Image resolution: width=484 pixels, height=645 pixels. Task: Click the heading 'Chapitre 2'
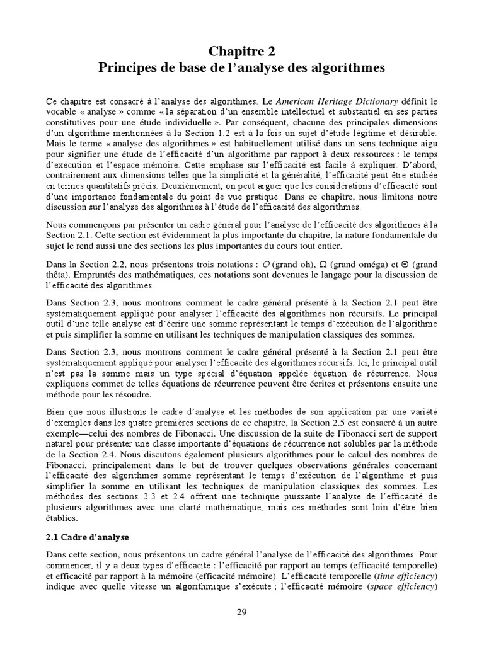point(242,51)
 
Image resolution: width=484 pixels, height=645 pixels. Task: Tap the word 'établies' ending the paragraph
point(62,518)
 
